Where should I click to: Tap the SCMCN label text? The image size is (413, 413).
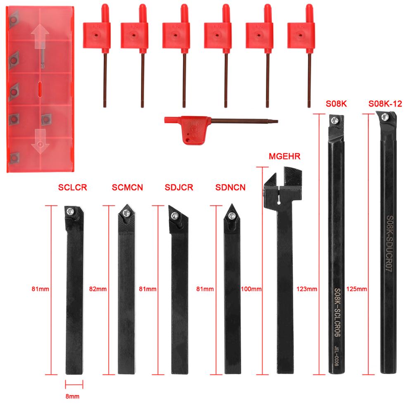(127, 188)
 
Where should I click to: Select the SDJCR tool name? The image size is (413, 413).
(178, 188)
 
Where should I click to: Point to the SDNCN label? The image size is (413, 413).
(230, 188)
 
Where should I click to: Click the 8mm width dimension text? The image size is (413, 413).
(73, 396)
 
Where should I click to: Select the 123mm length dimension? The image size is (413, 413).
(307, 289)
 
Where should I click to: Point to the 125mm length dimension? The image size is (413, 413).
(357, 289)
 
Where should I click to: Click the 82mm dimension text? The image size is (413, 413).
(98, 289)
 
